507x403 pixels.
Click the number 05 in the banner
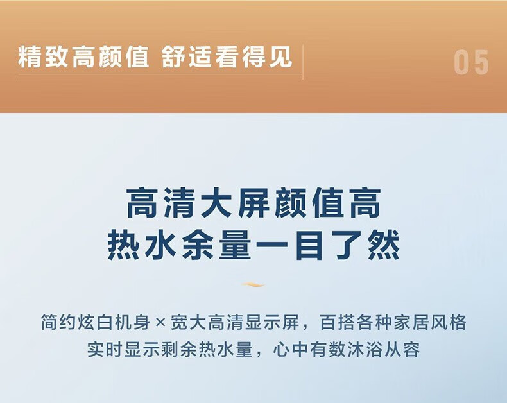(471, 62)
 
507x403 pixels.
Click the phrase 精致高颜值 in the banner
(83, 57)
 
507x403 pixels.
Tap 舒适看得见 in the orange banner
(227, 57)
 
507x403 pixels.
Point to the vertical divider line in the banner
(303, 62)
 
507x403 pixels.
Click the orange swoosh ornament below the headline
(253, 285)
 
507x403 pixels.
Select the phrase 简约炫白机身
(96, 323)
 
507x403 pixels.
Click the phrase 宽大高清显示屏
(235, 323)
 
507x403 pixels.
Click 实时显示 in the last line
(124, 349)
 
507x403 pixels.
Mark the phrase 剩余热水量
(207, 349)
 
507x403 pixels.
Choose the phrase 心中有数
(309, 349)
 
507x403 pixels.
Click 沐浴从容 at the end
(383, 349)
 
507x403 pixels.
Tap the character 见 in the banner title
(280, 57)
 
